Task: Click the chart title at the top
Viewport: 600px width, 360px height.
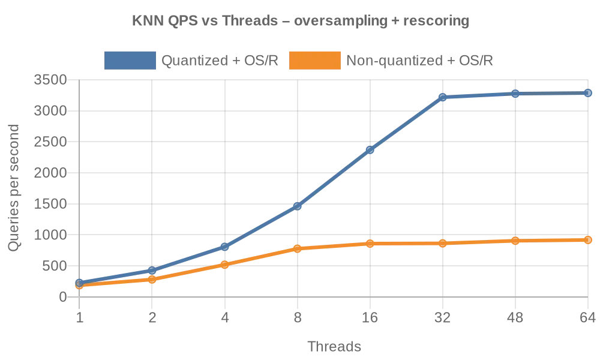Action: coord(299,22)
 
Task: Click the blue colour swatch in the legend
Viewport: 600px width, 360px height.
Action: coord(130,60)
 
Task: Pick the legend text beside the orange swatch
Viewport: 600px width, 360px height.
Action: coord(420,60)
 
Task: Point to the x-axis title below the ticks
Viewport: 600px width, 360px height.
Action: coord(335,347)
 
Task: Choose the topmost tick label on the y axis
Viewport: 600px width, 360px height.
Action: coord(51,80)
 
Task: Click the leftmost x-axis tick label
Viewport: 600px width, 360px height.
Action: coord(79,319)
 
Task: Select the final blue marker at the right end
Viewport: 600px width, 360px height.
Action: coord(588,93)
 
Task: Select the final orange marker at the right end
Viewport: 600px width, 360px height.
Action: coord(588,240)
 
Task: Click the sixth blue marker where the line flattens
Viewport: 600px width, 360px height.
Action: coord(442,97)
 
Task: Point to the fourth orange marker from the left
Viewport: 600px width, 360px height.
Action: coord(297,248)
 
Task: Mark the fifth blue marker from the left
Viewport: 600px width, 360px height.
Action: coord(370,149)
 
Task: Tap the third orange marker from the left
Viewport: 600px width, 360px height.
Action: coord(224,264)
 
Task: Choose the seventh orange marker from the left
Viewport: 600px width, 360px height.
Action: coord(515,241)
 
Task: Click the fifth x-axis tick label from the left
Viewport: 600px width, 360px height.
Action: coord(370,319)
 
